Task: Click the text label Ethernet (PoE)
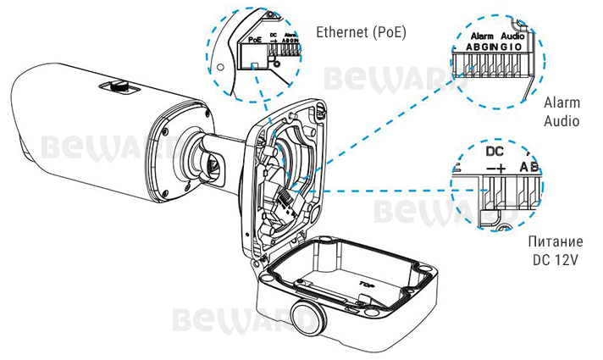[x=360, y=33]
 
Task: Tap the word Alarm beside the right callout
[x=562, y=102]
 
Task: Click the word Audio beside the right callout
[x=562, y=121]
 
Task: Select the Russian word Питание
[x=554, y=242]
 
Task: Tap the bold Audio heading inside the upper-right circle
[x=512, y=38]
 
